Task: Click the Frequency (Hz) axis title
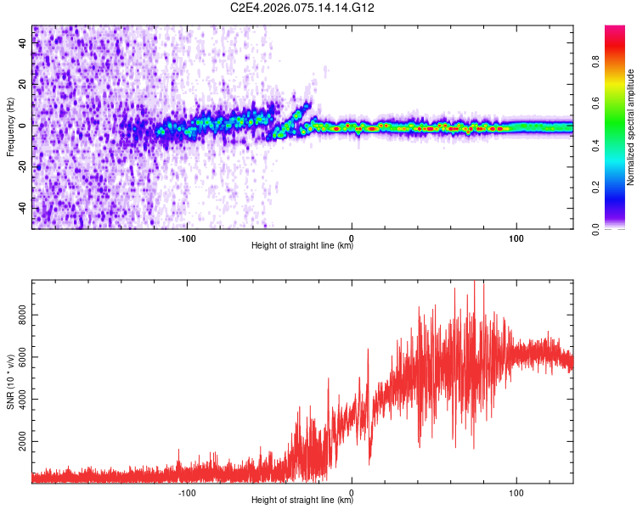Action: tap(10, 127)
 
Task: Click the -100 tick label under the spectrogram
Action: tap(187, 237)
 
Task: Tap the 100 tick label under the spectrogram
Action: tap(516, 237)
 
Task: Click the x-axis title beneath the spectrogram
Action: tap(302, 247)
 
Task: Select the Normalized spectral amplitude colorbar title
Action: tap(631, 127)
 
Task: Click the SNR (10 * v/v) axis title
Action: tap(10, 382)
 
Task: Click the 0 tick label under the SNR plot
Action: tap(352, 491)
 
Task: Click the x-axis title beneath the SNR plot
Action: tap(302, 501)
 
